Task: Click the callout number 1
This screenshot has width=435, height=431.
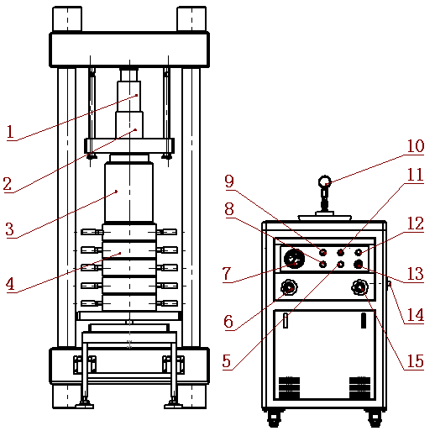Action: point(10,132)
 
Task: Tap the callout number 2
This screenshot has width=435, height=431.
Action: point(8,184)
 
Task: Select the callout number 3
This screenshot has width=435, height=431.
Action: point(9,229)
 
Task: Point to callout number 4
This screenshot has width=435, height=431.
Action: point(10,284)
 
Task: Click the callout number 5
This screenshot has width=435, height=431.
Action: point(227,360)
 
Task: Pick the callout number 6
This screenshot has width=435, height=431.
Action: point(228,321)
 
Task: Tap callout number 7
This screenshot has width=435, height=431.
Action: point(227,274)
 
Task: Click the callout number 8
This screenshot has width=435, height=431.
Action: point(229,209)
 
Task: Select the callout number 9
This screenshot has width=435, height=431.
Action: point(229,181)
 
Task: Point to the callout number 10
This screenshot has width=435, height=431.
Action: point(416,146)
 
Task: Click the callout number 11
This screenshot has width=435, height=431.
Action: point(415,175)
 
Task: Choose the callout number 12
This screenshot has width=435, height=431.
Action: point(416,223)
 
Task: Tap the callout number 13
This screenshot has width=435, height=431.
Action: point(416,274)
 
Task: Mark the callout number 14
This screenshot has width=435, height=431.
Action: point(416,315)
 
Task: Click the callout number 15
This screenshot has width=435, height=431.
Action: point(416,361)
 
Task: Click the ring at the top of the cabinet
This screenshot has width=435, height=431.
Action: point(319,181)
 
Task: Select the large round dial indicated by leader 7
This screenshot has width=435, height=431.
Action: point(294,259)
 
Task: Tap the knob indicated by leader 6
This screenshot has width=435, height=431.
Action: point(289,287)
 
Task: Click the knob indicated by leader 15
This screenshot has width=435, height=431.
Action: point(359,287)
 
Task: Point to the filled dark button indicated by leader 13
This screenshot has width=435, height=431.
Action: point(359,264)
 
